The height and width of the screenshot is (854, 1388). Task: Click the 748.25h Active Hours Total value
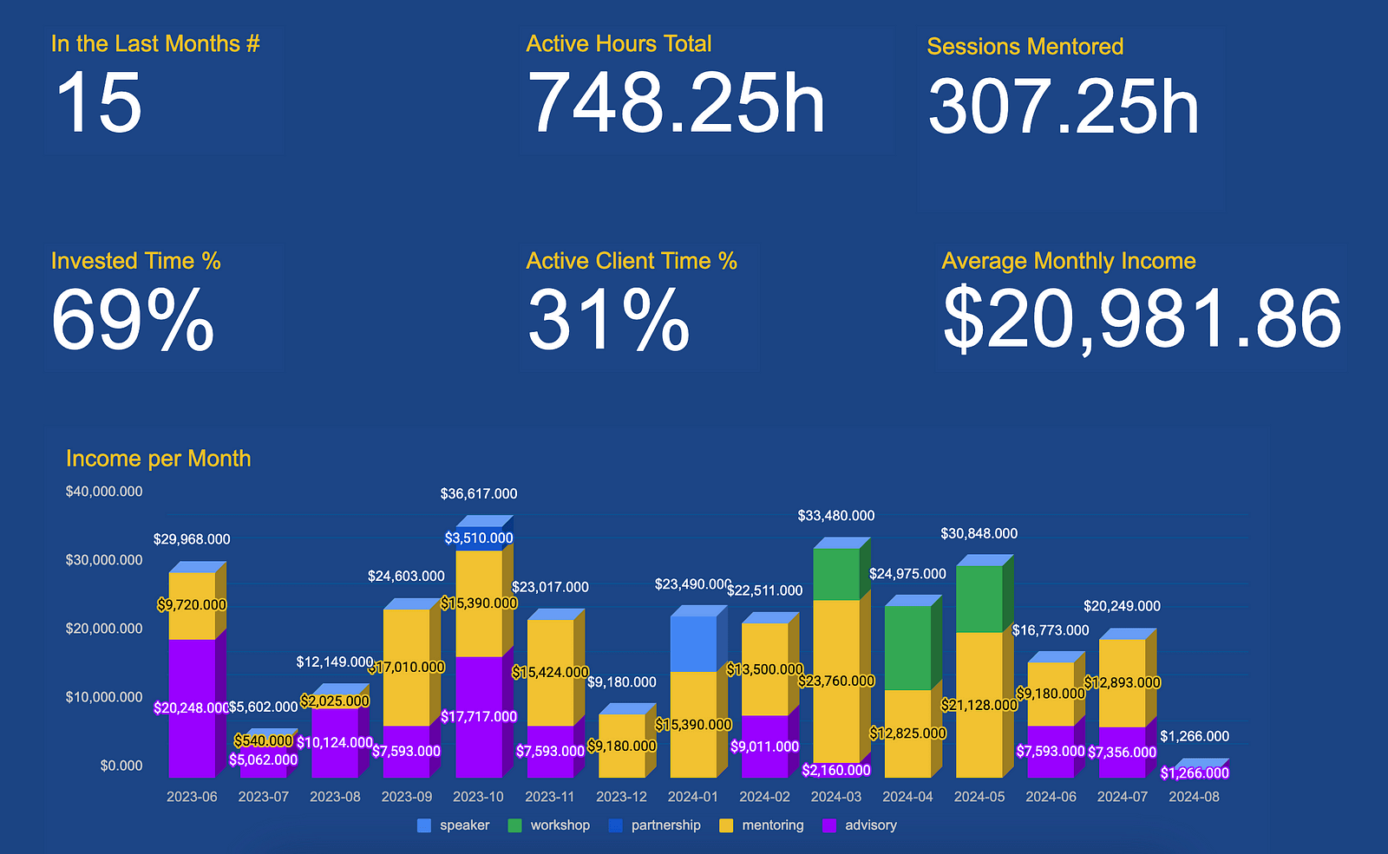pyautogui.click(x=676, y=103)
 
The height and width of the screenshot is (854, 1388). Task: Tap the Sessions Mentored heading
pyautogui.click(x=1025, y=47)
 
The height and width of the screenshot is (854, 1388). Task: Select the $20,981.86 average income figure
pyautogui.click(x=1142, y=320)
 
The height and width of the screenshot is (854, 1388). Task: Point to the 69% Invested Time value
pyautogui.click(x=133, y=320)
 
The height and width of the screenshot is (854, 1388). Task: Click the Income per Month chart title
pyautogui.click(x=158, y=459)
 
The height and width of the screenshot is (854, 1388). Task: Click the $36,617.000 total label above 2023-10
pyautogui.click(x=479, y=494)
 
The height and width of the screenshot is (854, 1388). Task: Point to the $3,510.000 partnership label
pyautogui.click(x=479, y=538)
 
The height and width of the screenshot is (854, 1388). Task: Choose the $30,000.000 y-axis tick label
pyautogui.click(x=104, y=560)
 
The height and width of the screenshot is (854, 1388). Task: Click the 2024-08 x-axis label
pyautogui.click(x=1194, y=797)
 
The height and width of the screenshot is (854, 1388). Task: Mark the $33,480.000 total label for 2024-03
pyautogui.click(x=836, y=516)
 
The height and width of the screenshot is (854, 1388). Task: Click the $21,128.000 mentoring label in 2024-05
pyautogui.click(x=979, y=705)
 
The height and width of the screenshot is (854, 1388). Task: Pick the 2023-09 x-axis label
pyautogui.click(x=407, y=797)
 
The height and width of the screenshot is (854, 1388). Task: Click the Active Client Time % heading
pyautogui.click(x=632, y=261)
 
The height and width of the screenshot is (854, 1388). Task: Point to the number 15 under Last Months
pyautogui.click(x=98, y=103)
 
